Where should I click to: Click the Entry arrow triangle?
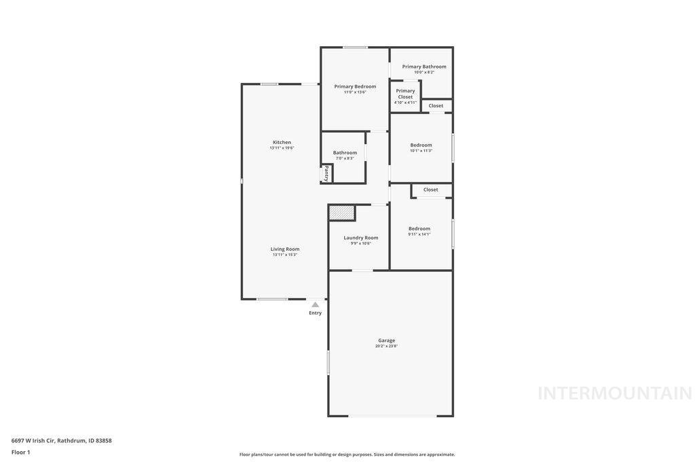pos(315,305)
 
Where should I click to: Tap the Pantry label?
pos(326,173)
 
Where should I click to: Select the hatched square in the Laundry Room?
pos(341,213)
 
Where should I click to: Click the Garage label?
pos(386,340)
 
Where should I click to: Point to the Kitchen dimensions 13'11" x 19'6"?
pos(282,148)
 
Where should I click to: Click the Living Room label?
pos(285,249)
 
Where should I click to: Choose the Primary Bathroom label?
pos(424,67)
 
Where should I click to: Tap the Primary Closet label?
pos(405,94)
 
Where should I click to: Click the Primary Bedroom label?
pos(355,86)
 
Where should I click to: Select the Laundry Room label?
pos(360,238)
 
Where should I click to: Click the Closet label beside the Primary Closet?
pos(436,106)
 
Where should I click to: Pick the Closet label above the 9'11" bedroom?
pos(430,190)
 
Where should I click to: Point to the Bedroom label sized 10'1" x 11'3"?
pos(421,145)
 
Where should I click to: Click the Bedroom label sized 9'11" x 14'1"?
pos(419,228)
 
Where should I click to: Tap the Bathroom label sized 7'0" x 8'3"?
pos(345,153)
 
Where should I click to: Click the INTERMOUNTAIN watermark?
pos(614,393)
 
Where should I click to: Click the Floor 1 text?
pos(21,452)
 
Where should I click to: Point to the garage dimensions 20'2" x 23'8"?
pos(386,346)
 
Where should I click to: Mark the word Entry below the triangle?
pos(315,313)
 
